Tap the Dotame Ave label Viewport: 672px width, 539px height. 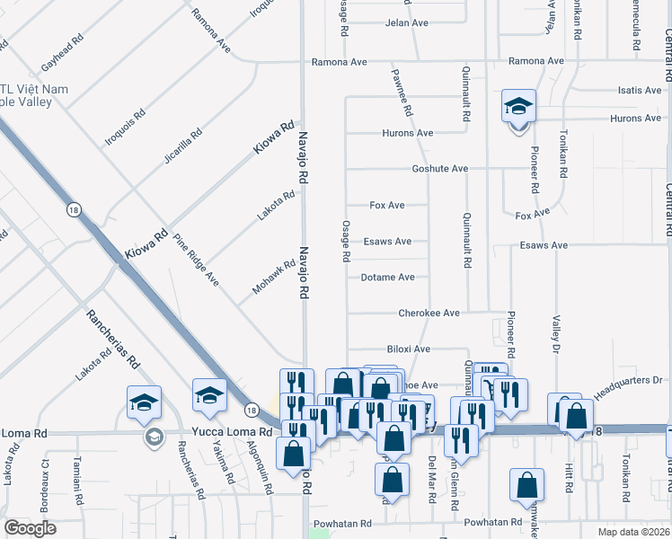point(387,278)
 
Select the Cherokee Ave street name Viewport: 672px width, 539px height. point(429,314)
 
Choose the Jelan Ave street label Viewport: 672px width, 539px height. point(406,23)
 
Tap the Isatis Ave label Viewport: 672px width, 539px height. point(639,91)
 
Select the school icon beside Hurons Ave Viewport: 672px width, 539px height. point(518,108)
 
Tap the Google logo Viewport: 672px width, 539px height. point(30,528)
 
